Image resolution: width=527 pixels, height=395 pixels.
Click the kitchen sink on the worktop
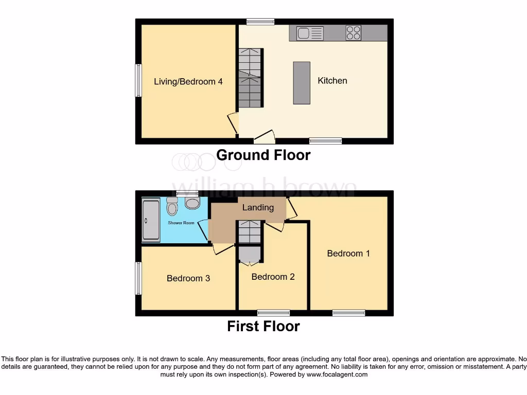pos(310,33)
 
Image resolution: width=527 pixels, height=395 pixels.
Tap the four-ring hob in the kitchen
pos(353,33)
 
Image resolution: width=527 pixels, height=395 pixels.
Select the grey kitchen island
pos(302,83)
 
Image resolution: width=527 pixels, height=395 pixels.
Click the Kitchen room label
pos(332,81)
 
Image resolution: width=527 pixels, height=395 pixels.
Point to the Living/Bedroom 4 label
pos(188,81)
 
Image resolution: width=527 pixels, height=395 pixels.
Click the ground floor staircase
pos(250,78)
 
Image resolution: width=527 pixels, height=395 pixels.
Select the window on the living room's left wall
pos(138,80)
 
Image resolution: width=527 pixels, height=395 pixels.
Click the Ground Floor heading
pos(263,155)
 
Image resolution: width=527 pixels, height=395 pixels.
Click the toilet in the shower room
pos(172,207)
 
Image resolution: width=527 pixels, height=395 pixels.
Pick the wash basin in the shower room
pos(192,203)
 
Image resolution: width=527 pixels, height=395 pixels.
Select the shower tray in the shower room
pos(151,221)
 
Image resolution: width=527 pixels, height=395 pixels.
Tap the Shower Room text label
pos(181,223)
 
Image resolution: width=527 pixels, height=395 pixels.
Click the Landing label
pos(258,207)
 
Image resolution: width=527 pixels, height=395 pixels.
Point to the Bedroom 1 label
pos(348,253)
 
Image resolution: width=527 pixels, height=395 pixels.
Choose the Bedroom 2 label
pos(273,277)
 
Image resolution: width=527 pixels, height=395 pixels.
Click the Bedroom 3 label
pos(188,278)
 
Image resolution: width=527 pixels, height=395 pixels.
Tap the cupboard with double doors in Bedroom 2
pos(250,255)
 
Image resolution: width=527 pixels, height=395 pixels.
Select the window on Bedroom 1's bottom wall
pos(348,313)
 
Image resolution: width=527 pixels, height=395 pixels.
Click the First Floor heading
pos(263,326)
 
